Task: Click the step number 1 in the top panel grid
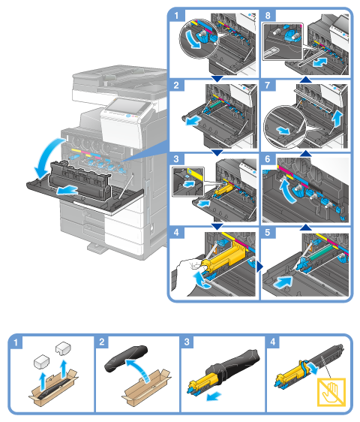[x=176, y=15]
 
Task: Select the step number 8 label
[x=268, y=15]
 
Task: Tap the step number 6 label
[x=268, y=158]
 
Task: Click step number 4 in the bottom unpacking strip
[x=272, y=342]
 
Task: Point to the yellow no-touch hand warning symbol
[x=331, y=391]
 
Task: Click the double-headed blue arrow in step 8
[x=320, y=63]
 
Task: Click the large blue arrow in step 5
[x=282, y=282]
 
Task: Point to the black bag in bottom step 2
[x=126, y=358]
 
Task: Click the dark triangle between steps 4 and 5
[x=259, y=267]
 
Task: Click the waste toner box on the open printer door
[x=79, y=180]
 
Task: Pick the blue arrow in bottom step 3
[x=214, y=396]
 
